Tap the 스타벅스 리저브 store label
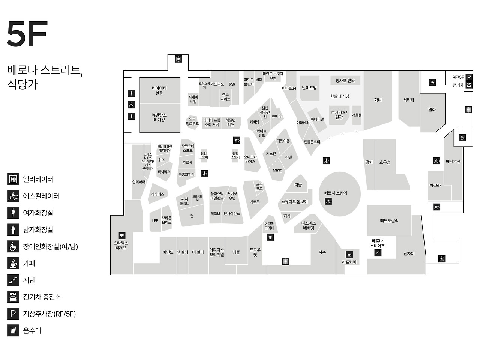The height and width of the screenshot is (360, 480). pos(121,245)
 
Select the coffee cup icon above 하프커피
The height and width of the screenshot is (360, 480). pos(349,255)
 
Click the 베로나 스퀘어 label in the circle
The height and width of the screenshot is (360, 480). pos(336,193)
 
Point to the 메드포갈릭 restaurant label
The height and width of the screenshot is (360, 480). pos(389,220)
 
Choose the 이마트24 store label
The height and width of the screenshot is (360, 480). pos(289,88)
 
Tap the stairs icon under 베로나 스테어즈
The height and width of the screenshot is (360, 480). pos(378,253)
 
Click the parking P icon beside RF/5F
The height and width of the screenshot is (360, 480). pos(469,77)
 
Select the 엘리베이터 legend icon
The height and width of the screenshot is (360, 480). pos(13,179)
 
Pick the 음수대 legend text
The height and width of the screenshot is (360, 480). pos(32,330)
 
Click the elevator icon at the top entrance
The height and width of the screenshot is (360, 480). pos(178,59)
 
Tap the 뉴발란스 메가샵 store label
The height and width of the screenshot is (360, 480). pos(159,117)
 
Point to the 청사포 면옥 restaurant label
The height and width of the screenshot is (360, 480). pos(345,80)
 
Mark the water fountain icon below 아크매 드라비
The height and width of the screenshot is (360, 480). pos(270,237)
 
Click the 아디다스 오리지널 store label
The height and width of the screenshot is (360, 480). pos(217,252)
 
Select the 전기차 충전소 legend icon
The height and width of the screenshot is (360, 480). pos(13,297)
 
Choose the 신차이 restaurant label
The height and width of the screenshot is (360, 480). pos(409,253)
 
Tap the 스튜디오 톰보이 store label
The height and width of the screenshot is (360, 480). pos(294,202)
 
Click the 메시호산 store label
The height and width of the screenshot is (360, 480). pos(453,162)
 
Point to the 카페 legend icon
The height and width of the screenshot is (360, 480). pos(13,263)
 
